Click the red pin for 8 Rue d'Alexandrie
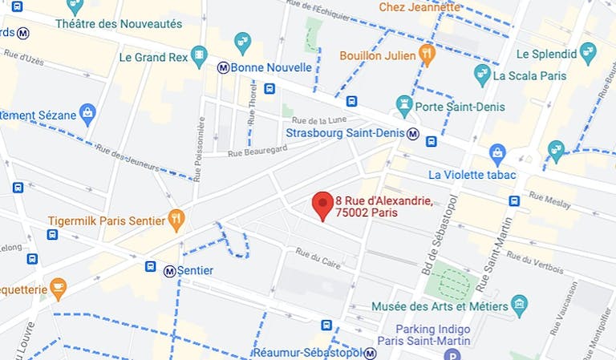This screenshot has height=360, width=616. point(322,205)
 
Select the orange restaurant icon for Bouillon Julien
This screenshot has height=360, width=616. point(427,55)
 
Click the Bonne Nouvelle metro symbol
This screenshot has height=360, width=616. point(222,68)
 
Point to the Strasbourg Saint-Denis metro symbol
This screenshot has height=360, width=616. point(412,133)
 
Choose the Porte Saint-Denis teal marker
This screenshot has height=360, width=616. point(404,103)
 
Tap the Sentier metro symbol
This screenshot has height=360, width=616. point(169,271)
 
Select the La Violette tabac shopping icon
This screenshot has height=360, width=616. point(497,152)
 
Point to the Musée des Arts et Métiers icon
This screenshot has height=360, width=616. point(520,305)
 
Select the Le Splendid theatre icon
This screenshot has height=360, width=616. point(588,54)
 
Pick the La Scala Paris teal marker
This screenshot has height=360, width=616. point(482,75)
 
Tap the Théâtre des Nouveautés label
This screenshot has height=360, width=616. point(119,24)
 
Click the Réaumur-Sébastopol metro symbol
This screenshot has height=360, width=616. point(370,353)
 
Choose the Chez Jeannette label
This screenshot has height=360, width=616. point(420,7)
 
